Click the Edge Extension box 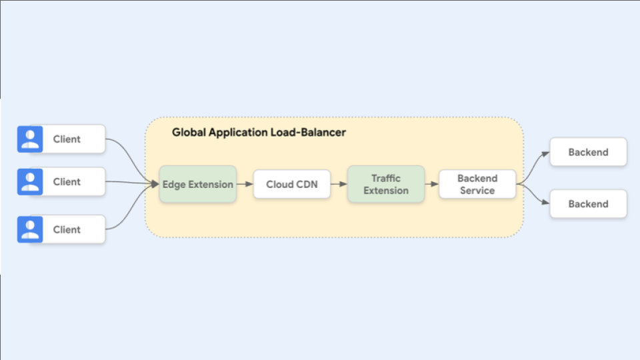tap(197, 185)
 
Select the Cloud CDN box tap(291, 185)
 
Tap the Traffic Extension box tap(385, 185)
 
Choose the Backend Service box tap(477, 185)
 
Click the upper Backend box tap(588, 152)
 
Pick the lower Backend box tap(588, 204)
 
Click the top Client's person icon tap(30, 139)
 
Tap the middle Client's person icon tap(30, 181)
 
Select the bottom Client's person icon tap(30, 229)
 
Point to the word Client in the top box tap(67, 139)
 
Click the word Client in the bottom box tap(67, 229)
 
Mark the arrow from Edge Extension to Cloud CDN tap(245, 185)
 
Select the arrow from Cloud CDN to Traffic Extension tap(339, 185)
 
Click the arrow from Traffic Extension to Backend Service tap(431, 185)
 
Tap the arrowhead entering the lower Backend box tap(545, 203)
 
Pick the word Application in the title tap(238, 133)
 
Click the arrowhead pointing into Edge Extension tap(155, 183)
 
